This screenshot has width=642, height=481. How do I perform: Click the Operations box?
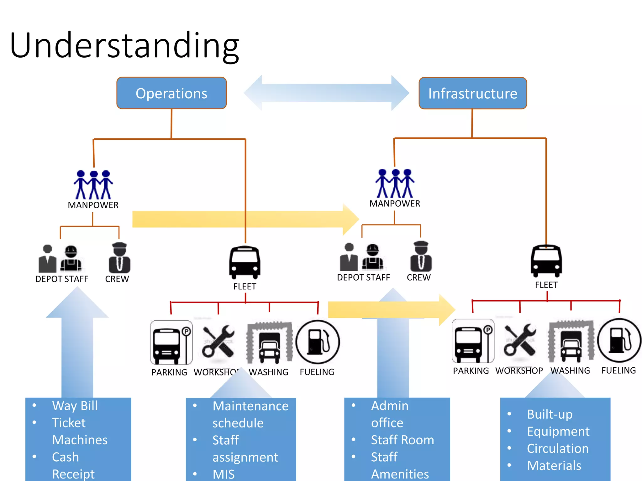171,93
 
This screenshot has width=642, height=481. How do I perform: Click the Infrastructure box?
473,93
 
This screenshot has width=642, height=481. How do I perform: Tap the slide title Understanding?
124,46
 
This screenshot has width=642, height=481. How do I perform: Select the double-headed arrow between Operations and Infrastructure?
326,93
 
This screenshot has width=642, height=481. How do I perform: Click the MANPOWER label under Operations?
93,205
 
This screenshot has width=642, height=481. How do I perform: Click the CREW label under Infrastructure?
418,277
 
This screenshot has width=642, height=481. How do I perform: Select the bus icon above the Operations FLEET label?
245,262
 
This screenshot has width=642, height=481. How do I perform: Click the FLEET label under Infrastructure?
546,285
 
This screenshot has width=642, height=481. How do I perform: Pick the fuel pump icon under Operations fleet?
318,342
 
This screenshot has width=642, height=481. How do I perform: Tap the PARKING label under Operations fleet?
169,372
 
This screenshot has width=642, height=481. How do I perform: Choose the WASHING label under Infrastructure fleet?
570,371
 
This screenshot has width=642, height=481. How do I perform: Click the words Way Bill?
75,406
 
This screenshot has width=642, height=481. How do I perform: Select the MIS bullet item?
223,474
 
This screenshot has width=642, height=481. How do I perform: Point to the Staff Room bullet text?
403,440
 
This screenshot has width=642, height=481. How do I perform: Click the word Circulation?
558,448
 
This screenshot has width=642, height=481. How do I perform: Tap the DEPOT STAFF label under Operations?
62,279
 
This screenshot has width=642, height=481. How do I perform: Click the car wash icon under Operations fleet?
270,342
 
